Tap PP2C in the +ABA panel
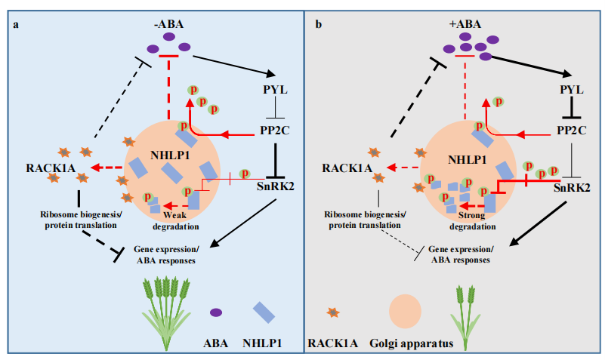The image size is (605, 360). pos(572,130)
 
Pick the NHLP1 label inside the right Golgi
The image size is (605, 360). pos(468,161)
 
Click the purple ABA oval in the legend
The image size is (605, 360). pos(215,312)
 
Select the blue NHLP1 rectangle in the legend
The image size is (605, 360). pos(264,312)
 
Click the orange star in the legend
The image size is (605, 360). pos(330,312)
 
